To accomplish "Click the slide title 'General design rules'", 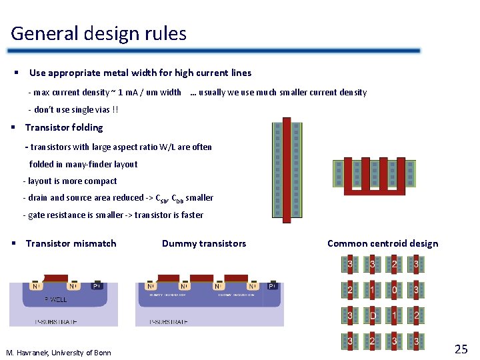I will coord(99,33).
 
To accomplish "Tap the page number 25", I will coord(461,349).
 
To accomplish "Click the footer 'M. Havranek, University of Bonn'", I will coord(59,352).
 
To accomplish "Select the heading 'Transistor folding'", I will coord(64,127).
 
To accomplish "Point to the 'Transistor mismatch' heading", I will coord(71,243).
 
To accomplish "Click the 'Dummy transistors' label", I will coord(204,243).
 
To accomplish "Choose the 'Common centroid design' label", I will coord(383,243).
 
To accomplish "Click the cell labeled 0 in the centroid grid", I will coord(395,291).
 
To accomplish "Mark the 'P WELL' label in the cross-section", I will coord(55,299).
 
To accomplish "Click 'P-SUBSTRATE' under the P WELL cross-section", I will coord(55,321).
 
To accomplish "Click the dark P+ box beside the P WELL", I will coord(98,285).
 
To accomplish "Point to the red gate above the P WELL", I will coord(55,279).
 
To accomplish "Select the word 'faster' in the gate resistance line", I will coord(189,215).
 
